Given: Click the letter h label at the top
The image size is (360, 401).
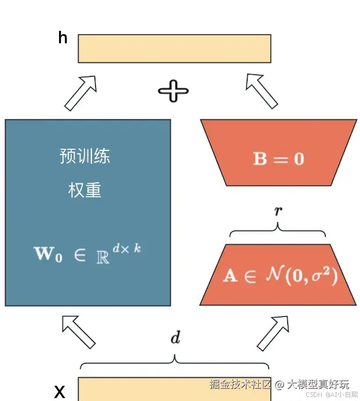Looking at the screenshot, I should coord(63,38).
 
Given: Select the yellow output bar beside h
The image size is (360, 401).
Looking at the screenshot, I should coord(174,49).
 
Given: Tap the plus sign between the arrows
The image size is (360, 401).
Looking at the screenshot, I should coord(173,91).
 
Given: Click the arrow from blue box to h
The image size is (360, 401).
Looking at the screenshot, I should coord(80,92).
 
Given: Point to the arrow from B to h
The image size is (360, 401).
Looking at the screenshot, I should coord(261,90).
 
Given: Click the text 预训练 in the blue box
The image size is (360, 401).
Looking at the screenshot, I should coord(85,156).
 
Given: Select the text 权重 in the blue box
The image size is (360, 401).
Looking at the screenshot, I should coord(85,190).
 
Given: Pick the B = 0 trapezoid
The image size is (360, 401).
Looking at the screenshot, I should coord(278,158).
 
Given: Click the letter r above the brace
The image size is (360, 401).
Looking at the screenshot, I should coord(278,211).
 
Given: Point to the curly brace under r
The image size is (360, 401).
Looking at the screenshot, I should coord(278,231).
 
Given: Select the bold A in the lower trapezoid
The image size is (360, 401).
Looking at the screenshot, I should coord(230,275).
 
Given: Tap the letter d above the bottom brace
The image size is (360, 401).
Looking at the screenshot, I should coord(174,339).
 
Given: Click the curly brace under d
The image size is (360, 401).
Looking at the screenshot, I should coord(174,363).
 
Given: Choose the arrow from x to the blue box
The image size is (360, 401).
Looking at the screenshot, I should coord(78,332).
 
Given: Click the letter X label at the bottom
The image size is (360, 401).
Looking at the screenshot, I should coord(60,392).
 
